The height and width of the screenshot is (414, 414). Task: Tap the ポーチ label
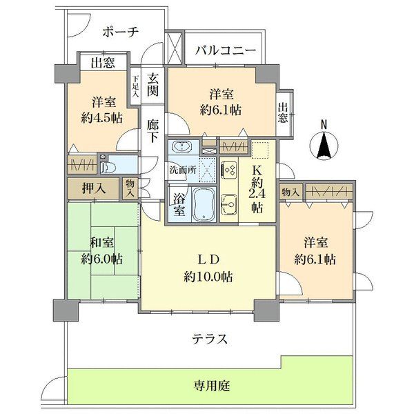121,32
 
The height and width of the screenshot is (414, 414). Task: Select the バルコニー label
225,50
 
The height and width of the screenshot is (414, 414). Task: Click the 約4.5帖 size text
101,117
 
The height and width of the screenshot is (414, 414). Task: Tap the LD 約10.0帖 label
208,268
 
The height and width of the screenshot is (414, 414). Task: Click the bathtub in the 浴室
201,204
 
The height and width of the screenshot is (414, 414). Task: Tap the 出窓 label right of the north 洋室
283,112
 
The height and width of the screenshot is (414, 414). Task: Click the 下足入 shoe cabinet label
136,85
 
